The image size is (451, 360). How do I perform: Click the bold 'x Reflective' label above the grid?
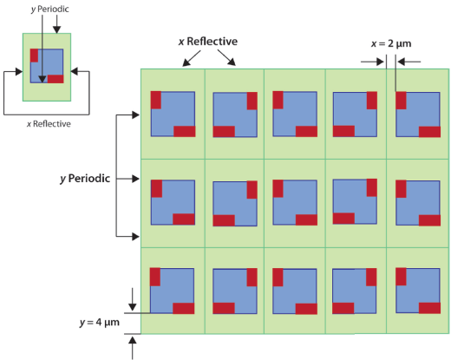pos(208,42)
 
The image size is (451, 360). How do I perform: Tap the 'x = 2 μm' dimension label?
pos(391,43)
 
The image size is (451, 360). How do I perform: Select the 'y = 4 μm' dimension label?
pos(100,323)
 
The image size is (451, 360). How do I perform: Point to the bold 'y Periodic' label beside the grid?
pos(85,179)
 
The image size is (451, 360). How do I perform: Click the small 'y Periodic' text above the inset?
pos(49,10)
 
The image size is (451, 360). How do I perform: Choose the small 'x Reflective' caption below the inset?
pos(49,124)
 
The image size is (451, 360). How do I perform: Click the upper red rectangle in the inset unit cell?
pos(34,56)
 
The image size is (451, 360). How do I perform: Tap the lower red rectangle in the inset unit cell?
pos(56,79)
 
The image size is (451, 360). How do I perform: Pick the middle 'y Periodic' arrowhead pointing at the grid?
pos(135,179)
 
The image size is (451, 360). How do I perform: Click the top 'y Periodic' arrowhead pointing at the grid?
pos(135,115)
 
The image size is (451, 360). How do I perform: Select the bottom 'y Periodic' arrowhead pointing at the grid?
pos(135,237)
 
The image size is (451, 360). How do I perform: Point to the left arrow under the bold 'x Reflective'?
pos(192,58)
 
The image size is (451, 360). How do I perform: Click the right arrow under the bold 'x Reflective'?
pos(226,57)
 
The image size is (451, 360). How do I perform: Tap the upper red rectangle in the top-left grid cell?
pos(156,100)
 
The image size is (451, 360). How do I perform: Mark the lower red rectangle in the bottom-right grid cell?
pos(429,308)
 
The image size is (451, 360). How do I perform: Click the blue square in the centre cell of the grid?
pos(295,202)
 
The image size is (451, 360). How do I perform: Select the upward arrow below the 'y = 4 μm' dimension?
pos(133,349)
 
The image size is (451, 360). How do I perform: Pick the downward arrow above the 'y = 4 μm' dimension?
pos(133,299)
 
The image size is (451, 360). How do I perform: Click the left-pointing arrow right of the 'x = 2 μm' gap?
pos(409,62)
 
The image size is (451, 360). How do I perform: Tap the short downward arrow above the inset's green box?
pos(56,24)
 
